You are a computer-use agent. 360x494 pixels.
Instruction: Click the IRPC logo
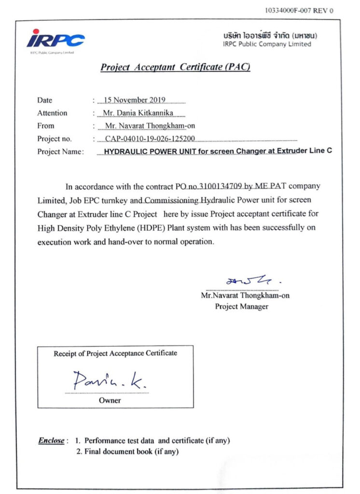point(55,39)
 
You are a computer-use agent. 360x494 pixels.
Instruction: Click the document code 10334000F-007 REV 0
point(299,10)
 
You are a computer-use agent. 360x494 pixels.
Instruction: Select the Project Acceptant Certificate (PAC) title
point(175,67)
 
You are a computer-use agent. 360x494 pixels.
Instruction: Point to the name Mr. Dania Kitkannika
point(138,113)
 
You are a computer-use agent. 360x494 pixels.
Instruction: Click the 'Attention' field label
point(52,113)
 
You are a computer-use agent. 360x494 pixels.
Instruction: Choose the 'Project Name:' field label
point(60,152)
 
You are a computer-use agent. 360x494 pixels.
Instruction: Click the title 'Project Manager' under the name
point(242,306)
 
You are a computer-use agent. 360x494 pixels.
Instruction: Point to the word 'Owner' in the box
point(110,400)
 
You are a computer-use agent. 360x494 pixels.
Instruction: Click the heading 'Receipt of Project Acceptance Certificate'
point(115,353)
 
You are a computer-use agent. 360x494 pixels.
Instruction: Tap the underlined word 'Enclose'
point(51,440)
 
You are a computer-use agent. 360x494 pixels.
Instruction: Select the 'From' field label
point(46,126)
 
